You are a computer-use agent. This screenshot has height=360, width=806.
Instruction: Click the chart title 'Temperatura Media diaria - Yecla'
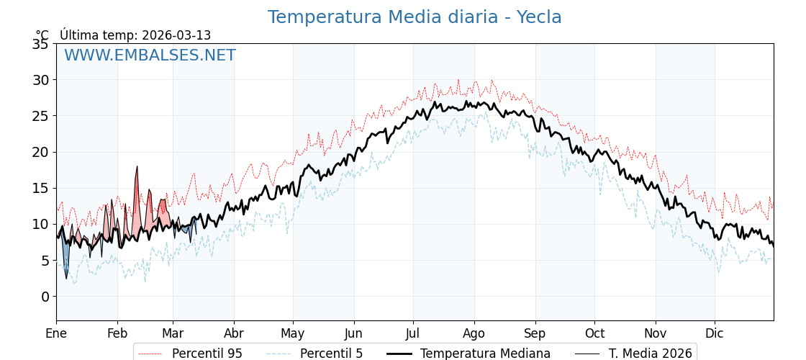pos(415,17)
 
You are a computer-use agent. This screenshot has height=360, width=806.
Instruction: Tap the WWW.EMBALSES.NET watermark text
pos(150,55)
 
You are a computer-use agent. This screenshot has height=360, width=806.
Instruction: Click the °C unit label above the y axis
pos(42,35)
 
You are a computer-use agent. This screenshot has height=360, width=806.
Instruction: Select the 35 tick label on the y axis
pos(40,44)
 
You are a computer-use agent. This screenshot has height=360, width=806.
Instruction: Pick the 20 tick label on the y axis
pos(40,152)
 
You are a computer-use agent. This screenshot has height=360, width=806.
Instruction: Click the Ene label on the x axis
pos(56,333)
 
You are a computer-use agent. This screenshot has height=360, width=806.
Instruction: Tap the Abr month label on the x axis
pos(234,333)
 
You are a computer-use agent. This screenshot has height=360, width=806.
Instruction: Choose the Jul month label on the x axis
pos(413,333)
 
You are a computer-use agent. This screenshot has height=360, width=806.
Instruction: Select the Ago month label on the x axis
pos(474,333)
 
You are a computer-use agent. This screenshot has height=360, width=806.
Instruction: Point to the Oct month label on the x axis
pos(594,333)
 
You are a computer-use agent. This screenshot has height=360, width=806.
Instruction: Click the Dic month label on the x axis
pos(715,333)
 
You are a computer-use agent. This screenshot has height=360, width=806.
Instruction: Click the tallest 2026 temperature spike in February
pos(137,167)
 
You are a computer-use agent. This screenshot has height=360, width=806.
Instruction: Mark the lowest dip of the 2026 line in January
pos(66,278)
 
